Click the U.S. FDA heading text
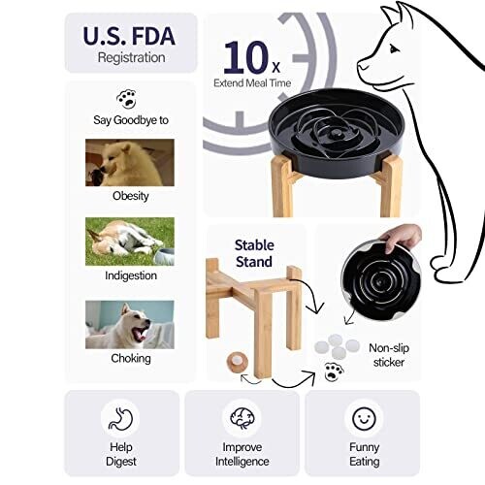tap(129, 36)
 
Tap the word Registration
tap(131, 57)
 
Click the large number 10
tap(245, 57)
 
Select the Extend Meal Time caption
tap(252, 83)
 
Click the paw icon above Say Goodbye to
tap(126, 99)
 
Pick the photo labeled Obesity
tap(130, 163)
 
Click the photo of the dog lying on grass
tap(130, 242)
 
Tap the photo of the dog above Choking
tap(130, 325)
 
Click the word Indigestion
tap(131, 275)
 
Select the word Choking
tap(131, 359)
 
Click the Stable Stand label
tap(254, 253)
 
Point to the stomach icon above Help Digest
tap(120, 419)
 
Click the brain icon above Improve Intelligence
tap(242, 418)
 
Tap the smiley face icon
tap(364, 418)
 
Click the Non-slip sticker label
tap(389, 355)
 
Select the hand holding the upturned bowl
tap(401, 239)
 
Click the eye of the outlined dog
tap(394, 49)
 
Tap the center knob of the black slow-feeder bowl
tap(335, 134)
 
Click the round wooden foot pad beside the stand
tap(238, 362)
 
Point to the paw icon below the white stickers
tap(334, 372)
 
